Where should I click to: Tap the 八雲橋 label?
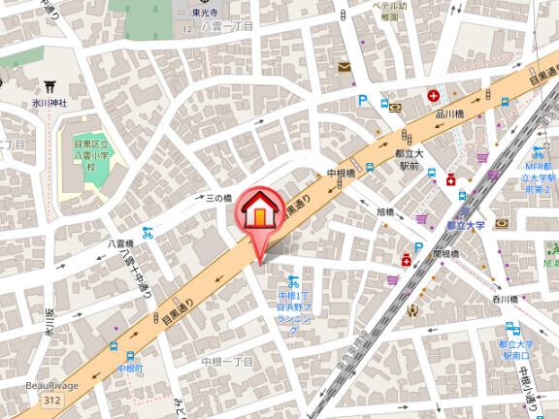120,244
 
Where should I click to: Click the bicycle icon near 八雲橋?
148,233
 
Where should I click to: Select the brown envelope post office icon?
345,67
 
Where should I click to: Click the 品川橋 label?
447,113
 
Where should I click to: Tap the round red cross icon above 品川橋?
433,96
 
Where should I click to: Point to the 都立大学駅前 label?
407,159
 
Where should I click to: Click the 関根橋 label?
445,254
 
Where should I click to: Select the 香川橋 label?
507,302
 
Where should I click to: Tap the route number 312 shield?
51,400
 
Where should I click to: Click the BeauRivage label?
47,386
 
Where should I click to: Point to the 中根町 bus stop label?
130,369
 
